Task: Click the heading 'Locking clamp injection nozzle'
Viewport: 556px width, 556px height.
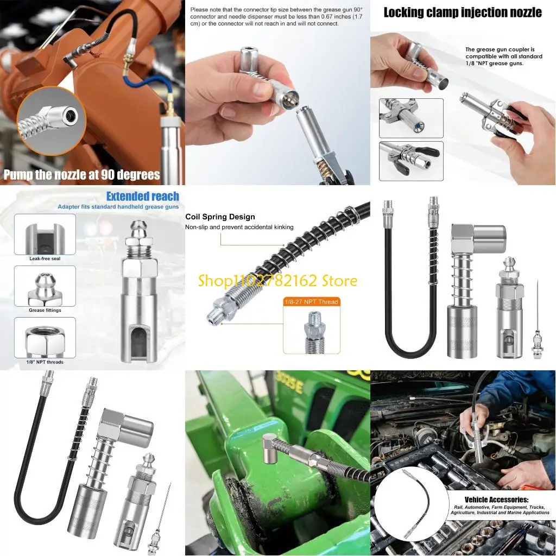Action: [463, 12]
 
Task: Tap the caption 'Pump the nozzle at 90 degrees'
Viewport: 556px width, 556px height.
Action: [82, 175]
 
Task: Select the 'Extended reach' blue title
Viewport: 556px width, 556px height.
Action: [142, 196]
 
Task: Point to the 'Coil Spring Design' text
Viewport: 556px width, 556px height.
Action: [220, 217]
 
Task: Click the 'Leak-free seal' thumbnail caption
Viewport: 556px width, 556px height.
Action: [45, 259]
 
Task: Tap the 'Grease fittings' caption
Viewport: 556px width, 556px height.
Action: [45, 311]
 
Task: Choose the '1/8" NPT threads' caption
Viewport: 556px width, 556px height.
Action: [45, 362]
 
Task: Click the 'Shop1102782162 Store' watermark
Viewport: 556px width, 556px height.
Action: [277, 281]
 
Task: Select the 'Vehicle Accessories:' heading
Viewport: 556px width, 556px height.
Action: [496, 500]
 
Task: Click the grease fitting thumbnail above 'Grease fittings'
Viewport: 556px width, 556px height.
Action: [45, 286]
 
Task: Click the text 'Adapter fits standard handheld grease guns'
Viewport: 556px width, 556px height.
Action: [118, 207]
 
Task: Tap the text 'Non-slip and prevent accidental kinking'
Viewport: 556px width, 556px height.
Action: [239, 227]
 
